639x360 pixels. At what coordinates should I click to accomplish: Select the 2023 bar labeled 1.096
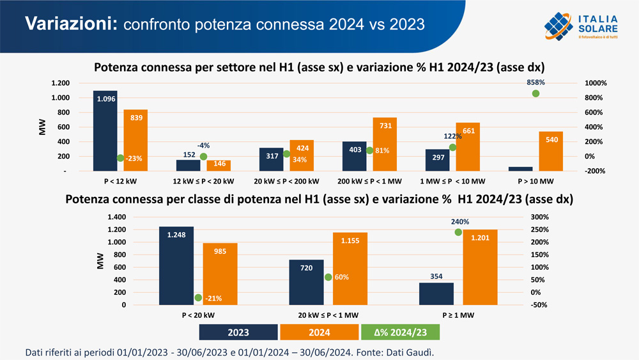(x=105, y=131)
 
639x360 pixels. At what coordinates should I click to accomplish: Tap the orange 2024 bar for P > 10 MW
(x=551, y=152)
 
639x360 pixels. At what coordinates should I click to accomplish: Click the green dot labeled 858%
(x=535, y=93)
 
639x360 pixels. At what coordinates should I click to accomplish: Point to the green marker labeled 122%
(x=452, y=147)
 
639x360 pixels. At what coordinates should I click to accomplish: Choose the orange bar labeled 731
(x=385, y=145)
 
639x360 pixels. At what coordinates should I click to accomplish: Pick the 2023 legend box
(x=238, y=333)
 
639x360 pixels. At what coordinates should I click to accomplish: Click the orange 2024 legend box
(x=319, y=333)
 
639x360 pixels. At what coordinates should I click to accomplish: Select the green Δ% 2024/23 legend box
(x=401, y=333)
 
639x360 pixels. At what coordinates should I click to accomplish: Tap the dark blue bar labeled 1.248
(x=176, y=265)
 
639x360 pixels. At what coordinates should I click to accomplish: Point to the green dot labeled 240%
(x=458, y=232)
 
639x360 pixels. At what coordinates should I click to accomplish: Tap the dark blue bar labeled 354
(x=436, y=293)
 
